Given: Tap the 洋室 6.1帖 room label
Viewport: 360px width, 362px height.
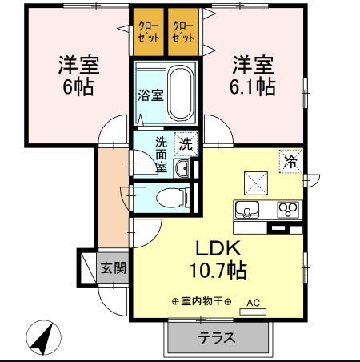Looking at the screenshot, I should (x=253, y=73).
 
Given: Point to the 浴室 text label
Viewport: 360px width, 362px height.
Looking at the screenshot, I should (x=150, y=95).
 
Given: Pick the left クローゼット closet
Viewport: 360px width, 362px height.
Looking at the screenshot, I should (x=148, y=33).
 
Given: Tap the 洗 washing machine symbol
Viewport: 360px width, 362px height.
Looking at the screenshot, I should (x=185, y=145).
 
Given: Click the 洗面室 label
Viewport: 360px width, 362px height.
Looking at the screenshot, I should (x=161, y=155).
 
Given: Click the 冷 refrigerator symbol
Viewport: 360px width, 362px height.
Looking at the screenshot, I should (x=290, y=161).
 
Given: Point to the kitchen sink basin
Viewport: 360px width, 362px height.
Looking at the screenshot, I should (x=247, y=210).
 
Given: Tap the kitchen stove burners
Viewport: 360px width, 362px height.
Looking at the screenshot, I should (x=286, y=210).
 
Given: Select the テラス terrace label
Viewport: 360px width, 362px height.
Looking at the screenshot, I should (x=217, y=337).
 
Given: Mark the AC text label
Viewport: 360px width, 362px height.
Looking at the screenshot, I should (x=253, y=303).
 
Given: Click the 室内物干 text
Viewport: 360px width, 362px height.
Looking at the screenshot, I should (x=201, y=301).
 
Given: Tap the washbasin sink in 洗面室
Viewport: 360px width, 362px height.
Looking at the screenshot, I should (x=183, y=167).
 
